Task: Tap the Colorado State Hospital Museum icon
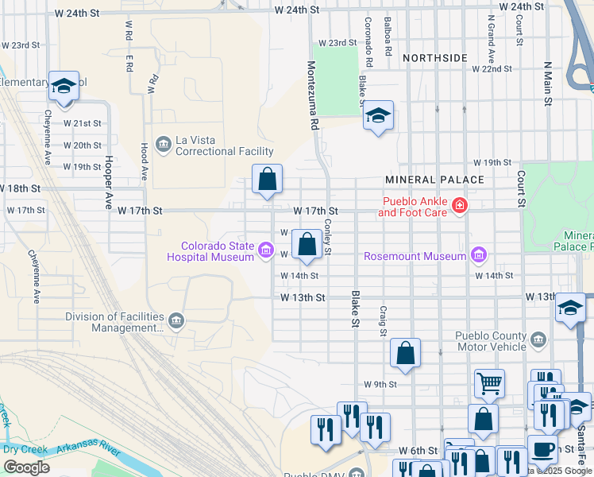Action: [266, 252]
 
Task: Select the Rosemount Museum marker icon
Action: [478, 255]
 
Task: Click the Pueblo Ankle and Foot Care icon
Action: [459, 207]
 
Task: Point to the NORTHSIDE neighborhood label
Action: [434, 58]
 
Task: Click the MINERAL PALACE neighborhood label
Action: [434, 180]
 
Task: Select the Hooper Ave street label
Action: [108, 180]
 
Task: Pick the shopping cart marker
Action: [489, 383]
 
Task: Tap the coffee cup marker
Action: [542, 448]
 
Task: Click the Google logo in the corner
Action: [26, 467]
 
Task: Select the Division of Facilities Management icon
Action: [176, 321]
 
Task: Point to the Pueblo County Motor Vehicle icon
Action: [538, 340]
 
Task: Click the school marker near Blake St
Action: [379, 116]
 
